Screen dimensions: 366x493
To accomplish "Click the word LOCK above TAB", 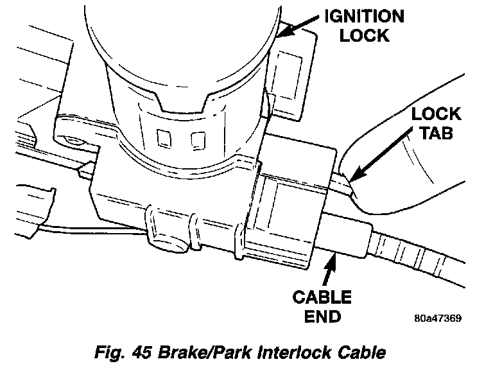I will tap(437, 115).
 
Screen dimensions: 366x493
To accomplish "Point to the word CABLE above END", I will tap(322, 297).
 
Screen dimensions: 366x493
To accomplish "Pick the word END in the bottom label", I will tap(322, 317).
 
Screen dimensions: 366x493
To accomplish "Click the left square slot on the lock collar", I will tap(163, 138).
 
